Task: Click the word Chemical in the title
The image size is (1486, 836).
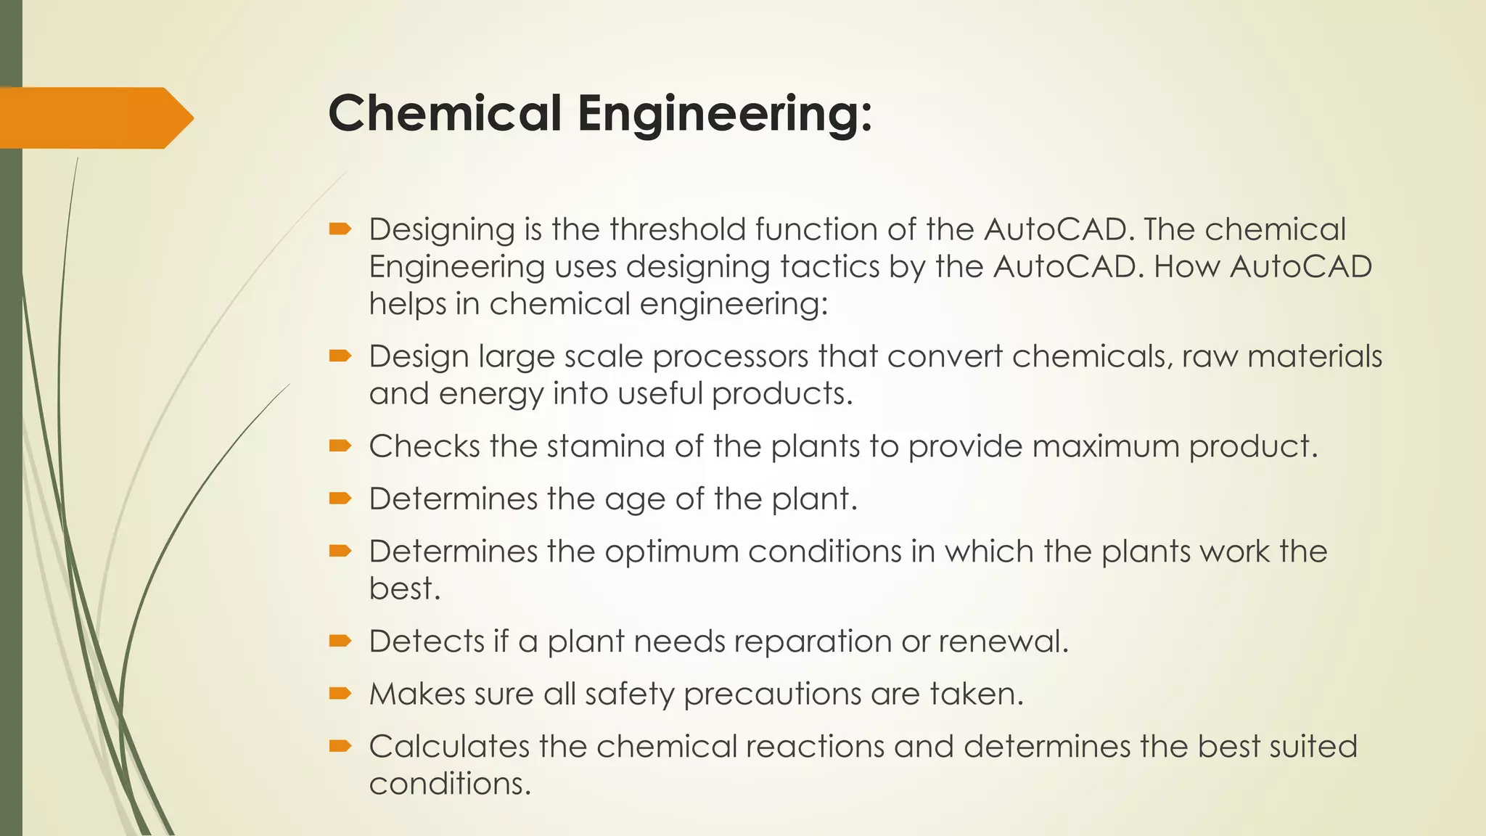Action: pos(445,114)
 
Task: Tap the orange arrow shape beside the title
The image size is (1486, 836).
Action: pos(94,118)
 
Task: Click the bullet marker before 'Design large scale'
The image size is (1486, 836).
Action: pos(340,356)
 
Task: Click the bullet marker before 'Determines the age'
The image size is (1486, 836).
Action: pos(340,499)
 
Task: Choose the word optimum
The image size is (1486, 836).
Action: pos(671,553)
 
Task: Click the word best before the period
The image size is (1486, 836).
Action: pos(401,589)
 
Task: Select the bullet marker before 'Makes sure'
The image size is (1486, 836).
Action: pos(340,694)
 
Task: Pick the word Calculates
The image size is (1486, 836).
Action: pos(450,747)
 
